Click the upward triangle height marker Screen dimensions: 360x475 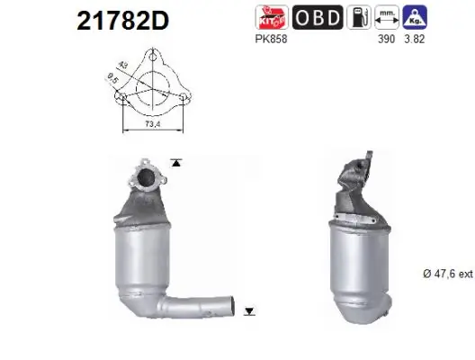click(176, 163)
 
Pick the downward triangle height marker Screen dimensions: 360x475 click(249, 311)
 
